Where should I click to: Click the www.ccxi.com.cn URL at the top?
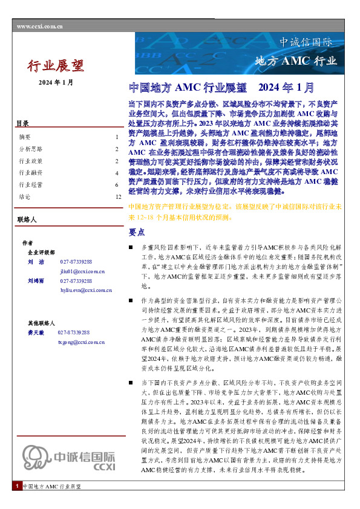pos(41,27)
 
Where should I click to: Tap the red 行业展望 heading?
pos(56,65)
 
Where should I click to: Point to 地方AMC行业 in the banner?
pos(295,60)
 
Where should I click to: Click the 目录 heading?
pos(22,124)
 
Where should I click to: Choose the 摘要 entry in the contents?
pos(25,137)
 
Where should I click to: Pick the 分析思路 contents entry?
pos(30,149)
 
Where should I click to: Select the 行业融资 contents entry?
pos(30,172)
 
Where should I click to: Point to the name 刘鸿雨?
pos(36,281)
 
